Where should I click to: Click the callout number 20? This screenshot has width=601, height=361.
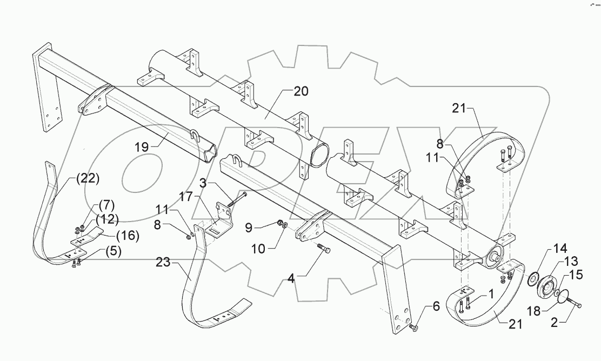coord(301,91)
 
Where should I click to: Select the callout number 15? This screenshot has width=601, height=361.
coord(576,275)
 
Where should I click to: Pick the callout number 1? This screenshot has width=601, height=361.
coord(491,295)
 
